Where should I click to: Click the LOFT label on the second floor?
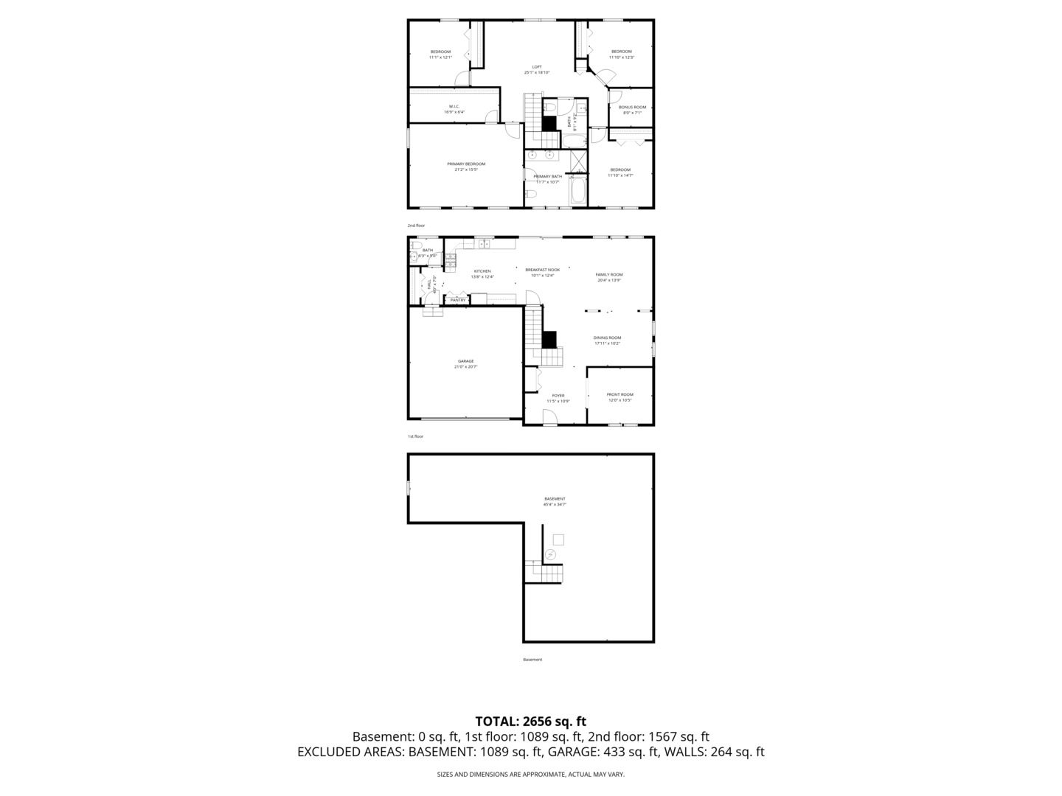click(537, 67)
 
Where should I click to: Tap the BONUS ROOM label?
click(632, 108)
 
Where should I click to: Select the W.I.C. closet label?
click(454, 106)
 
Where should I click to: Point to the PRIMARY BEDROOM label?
click(466, 164)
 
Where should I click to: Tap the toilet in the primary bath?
click(531, 195)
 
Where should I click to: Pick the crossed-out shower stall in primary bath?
click(579, 160)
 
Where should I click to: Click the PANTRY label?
click(457, 300)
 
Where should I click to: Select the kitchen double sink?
click(485, 243)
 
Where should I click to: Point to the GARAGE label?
click(465, 361)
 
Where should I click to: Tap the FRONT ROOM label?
click(619, 394)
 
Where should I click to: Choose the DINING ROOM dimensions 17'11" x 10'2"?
click(607, 343)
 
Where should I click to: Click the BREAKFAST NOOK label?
click(542, 270)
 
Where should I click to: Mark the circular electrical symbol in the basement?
click(550, 554)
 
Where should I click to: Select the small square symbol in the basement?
click(558, 540)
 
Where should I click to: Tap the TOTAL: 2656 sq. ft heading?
click(530, 722)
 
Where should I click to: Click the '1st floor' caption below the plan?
click(415, 436)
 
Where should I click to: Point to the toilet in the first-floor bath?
click(416, 245)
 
